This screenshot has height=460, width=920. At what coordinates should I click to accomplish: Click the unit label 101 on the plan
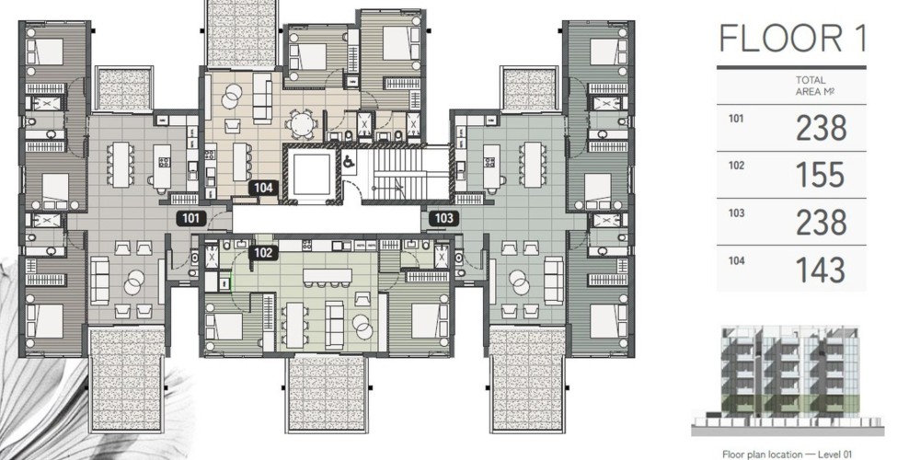point(191,219)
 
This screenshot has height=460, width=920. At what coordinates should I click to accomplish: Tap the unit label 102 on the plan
point(263,253)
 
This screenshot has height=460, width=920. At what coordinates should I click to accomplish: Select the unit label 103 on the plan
point(444,219)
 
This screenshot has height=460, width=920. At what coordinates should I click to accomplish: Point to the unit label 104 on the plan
point(263,188)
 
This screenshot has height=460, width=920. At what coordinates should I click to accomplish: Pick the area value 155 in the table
point(821,175)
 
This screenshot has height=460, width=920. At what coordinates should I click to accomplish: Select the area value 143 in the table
point(821,270)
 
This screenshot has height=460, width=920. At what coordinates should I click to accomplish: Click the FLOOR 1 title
point(792,38)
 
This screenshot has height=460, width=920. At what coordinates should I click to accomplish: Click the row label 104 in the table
point(736,260)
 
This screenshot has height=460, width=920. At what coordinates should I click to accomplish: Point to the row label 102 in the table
point(736,166)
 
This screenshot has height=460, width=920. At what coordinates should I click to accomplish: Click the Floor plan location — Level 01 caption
point(787,454)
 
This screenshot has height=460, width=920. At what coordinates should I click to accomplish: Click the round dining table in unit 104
point(302,124)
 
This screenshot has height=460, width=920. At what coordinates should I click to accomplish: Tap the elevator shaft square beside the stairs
point(312,175)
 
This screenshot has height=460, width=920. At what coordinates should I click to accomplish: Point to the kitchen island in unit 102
point(328,276)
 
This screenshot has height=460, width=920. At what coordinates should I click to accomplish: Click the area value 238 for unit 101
point(821,128)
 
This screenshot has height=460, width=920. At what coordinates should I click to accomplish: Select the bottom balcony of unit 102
point(327,394)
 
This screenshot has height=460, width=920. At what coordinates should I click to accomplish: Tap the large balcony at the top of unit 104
point(241,33)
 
